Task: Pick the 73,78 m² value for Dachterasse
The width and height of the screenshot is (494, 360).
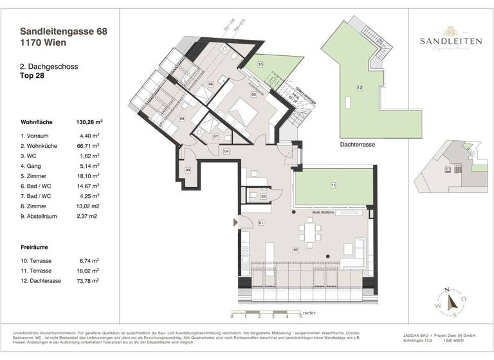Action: pos(86,281)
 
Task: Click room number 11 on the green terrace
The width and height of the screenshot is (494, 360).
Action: pos(333,186)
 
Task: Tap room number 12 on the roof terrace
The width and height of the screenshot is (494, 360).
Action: pos(360,87)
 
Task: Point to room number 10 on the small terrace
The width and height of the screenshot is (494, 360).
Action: pos(261,65)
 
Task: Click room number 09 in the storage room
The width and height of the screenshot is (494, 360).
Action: pos(188,170)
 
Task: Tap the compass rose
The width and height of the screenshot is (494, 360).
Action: pos(452,302)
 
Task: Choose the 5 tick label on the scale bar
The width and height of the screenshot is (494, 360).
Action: pos(300,317)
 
